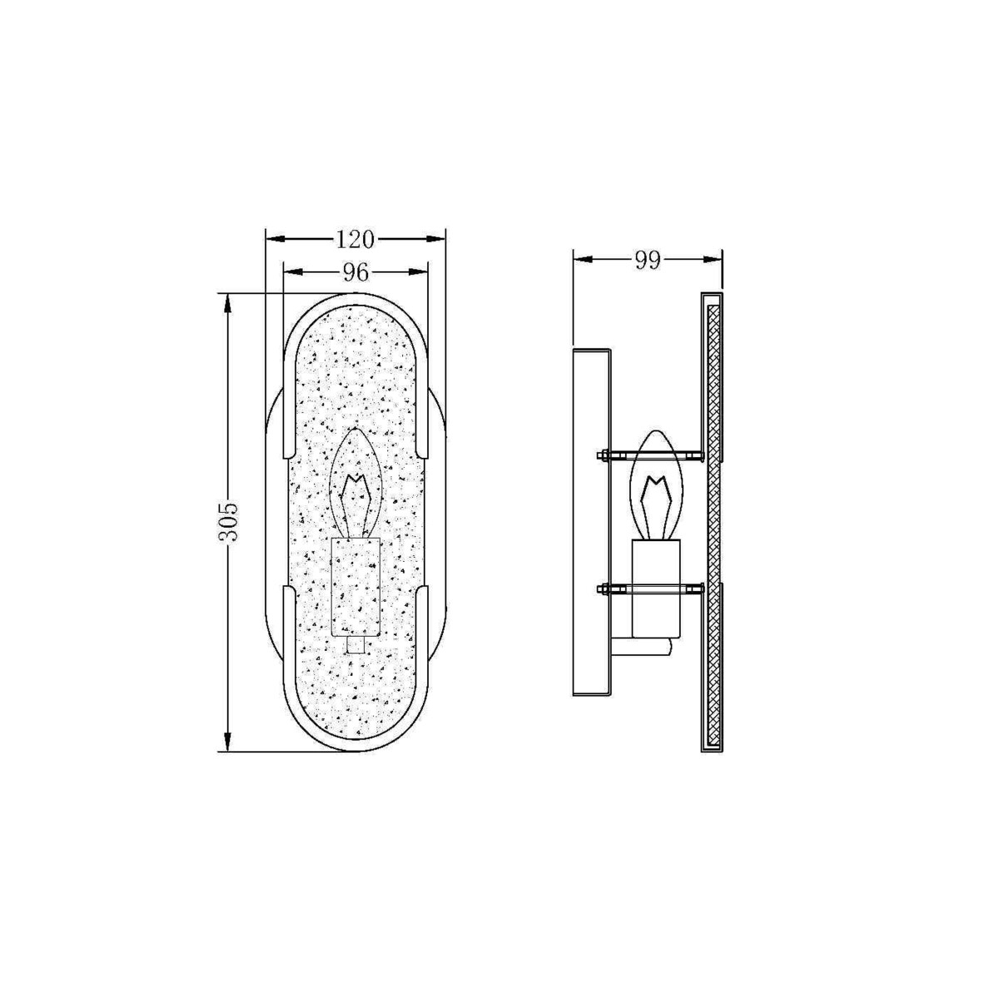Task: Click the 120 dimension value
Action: pyautogui.click(x=355, y=240)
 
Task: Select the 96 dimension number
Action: pyautogui.click(x=355, y=272)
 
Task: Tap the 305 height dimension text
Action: pyautogui.click(x=227, y=522)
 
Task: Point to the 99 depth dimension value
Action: pyautogui.click(x=648, y=261)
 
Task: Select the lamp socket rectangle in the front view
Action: pyautogui.click(x=355, y=587)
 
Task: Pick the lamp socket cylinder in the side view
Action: pyautogui.click(x=656, y=588)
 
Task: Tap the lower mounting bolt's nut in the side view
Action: pyautogui.click(x=603, y=589)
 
